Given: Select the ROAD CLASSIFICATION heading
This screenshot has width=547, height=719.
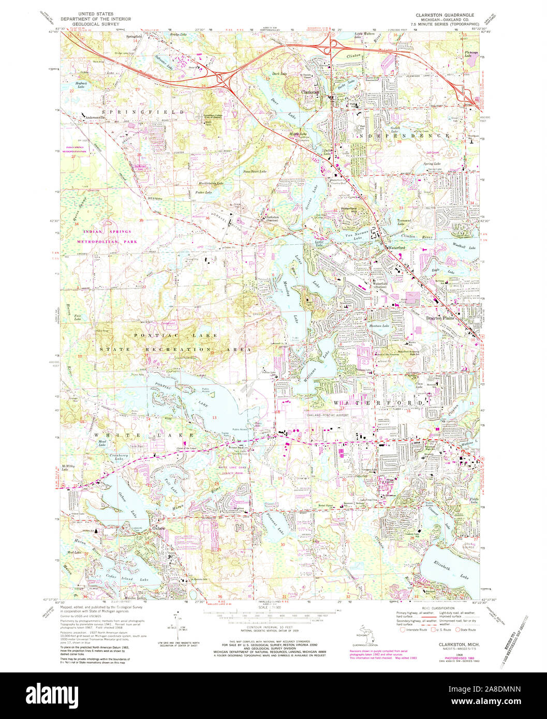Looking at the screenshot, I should pos(440,609).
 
